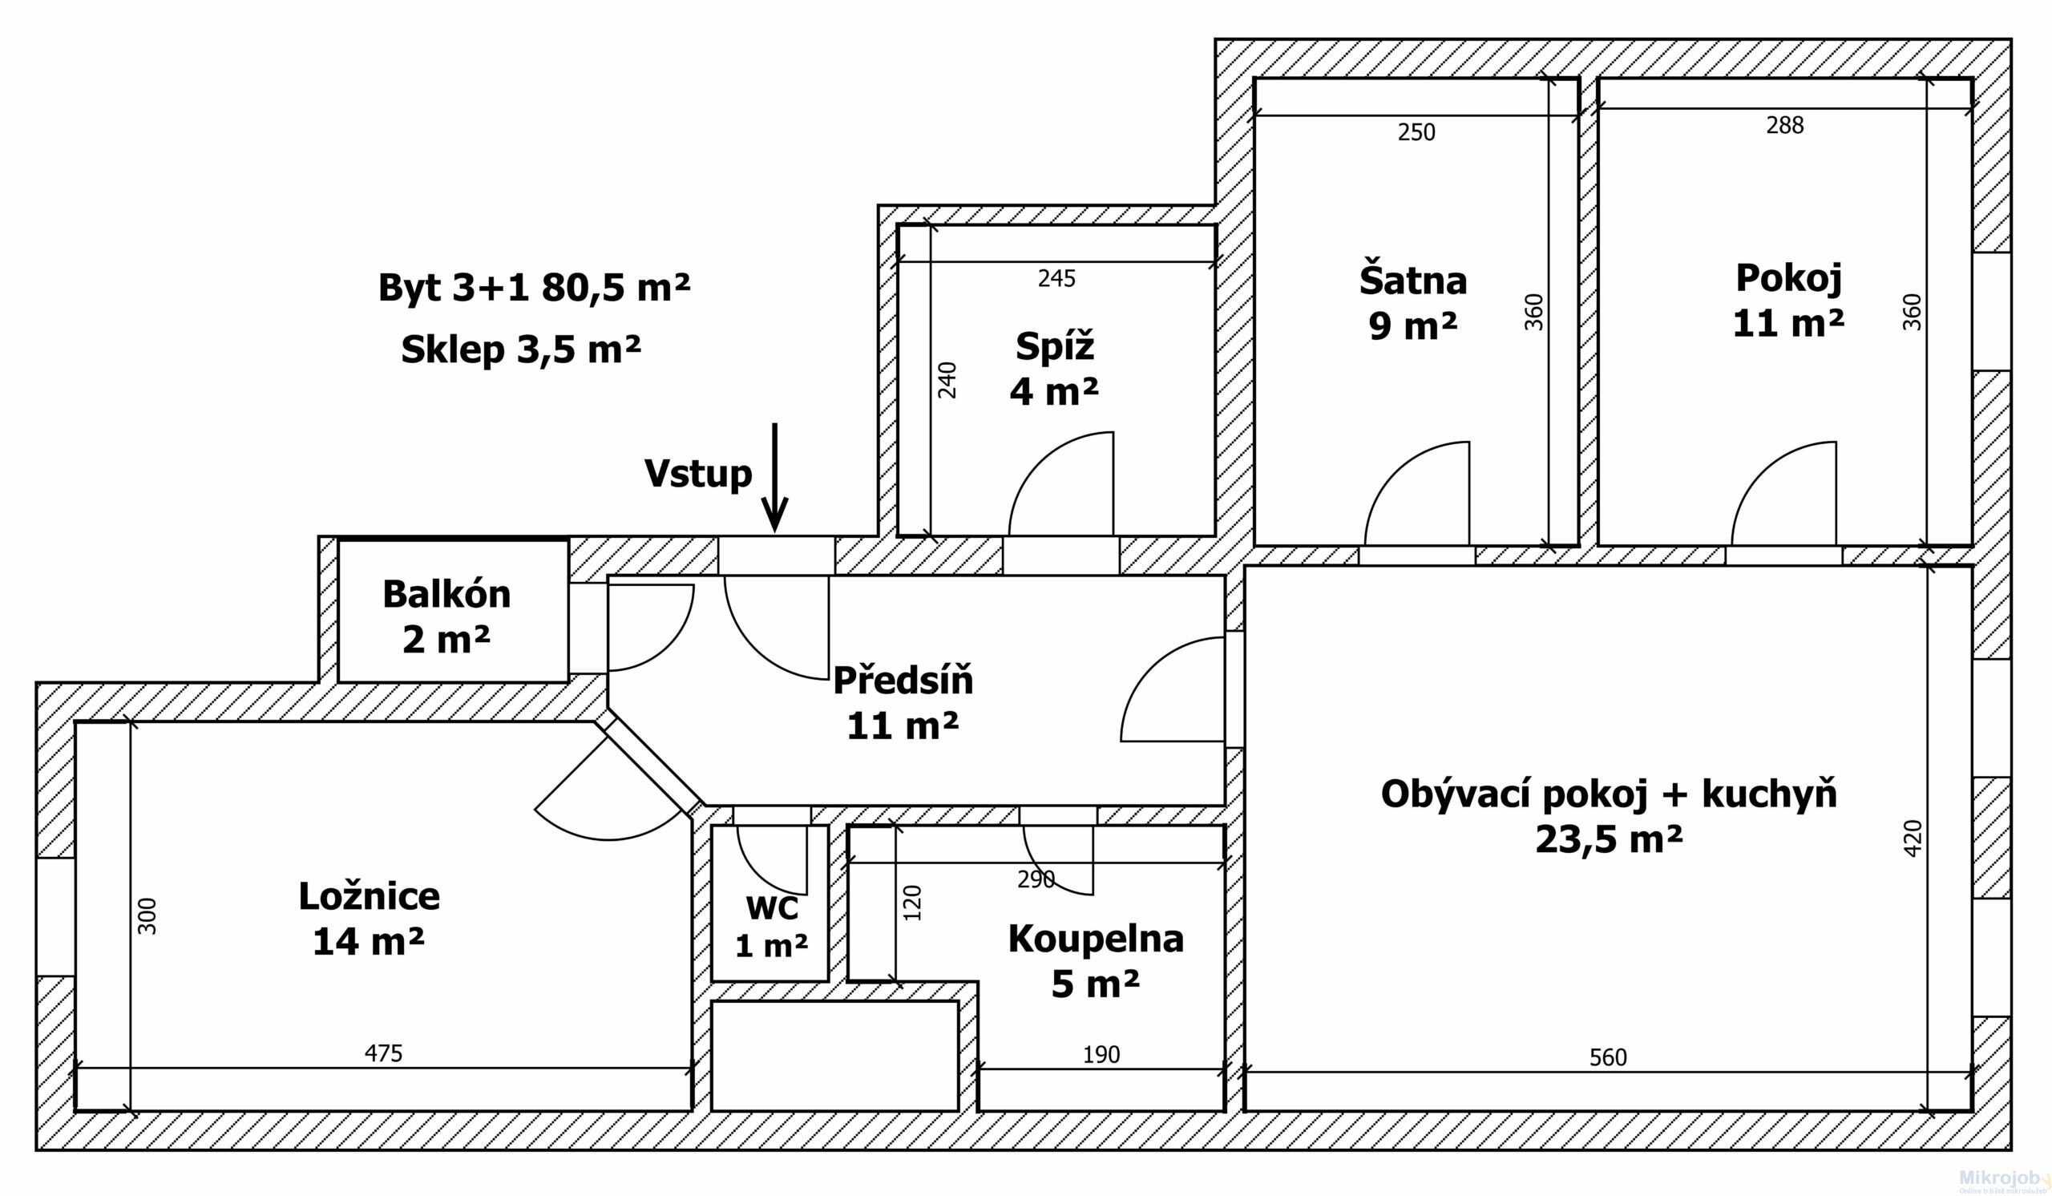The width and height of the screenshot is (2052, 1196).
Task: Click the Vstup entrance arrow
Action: click(x=774, y=477)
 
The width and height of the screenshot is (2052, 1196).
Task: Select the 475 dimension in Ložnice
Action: click(x=382, y=1053)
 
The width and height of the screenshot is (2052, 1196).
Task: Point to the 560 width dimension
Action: click(x=1608, y=1057)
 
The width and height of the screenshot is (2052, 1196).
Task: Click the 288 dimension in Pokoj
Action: click(x=1785, y=124)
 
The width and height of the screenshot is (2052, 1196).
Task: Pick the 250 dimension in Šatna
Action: click(x=1417, y=132)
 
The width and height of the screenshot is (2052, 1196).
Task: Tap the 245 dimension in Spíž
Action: click(x=1057, y=278)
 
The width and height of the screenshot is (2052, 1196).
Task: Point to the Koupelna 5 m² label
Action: click(x=1096, y=960)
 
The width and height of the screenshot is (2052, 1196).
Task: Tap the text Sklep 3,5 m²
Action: click(x=521, y=350)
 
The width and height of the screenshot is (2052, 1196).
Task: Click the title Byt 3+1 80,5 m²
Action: click(x=534, y=288)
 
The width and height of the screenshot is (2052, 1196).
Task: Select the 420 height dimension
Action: click(x=1913, y=837)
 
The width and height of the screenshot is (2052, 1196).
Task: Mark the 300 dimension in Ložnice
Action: click(x=147, y=915)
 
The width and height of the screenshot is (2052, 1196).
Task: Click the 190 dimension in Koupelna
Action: click(x=1101, y=1054)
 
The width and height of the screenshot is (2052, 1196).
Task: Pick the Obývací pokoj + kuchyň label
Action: click(x=1609, y=815)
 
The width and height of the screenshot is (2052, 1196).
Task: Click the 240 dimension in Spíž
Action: click(x=947, y=379)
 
